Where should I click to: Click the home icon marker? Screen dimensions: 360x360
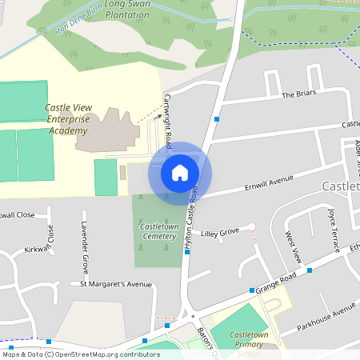click(x=180, y=173)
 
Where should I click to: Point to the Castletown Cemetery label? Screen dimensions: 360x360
click(x=158, y=231)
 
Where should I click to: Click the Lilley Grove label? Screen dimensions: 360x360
click(x=220, y=232)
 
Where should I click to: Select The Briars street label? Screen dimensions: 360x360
click(x=299, y=94)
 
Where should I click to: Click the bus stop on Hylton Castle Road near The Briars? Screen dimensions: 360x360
click(x=217, y=119)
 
